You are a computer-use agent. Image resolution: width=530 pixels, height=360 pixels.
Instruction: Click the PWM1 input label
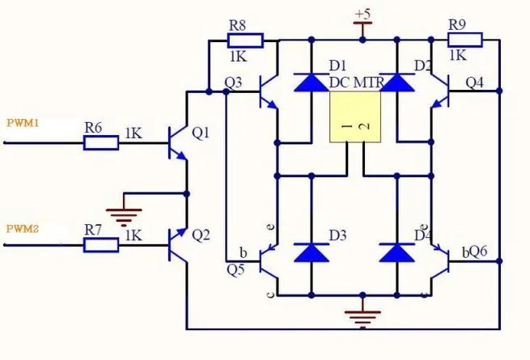pos(23,123)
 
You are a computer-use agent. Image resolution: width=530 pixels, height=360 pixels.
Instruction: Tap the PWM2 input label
pos(23,229)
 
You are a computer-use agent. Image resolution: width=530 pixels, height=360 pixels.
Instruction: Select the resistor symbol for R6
pos(101,142)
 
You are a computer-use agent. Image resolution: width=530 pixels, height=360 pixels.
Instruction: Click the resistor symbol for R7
pos(101,245)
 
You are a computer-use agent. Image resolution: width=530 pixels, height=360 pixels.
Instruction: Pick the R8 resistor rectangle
pos(245,40)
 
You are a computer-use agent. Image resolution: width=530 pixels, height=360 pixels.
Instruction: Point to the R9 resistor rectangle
pos(465,40)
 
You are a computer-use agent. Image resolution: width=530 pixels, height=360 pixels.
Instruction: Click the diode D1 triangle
pos(312,83)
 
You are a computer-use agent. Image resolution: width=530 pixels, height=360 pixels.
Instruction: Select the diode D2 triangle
pos(397,83)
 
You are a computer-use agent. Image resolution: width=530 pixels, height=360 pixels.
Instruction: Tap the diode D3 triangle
pos(312,252)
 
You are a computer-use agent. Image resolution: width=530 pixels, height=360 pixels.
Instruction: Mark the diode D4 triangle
pos(397,252)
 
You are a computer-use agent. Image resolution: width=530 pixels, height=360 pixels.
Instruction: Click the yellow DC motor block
pos(355,117)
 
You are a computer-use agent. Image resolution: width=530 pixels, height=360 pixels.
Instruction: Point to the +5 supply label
pos(363,14)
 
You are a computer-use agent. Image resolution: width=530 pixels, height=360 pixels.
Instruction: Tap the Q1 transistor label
pos(201,133)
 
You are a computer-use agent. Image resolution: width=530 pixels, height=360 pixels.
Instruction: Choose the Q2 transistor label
pos(201,235)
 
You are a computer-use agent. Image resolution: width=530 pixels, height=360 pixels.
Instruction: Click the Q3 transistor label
pos(233,83)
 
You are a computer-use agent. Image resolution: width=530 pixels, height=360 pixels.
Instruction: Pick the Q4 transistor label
pos(474,83)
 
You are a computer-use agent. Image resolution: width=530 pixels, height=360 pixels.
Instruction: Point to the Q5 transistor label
pos(235,269)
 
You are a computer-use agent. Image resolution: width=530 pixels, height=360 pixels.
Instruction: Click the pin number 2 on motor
pos(363,126)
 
